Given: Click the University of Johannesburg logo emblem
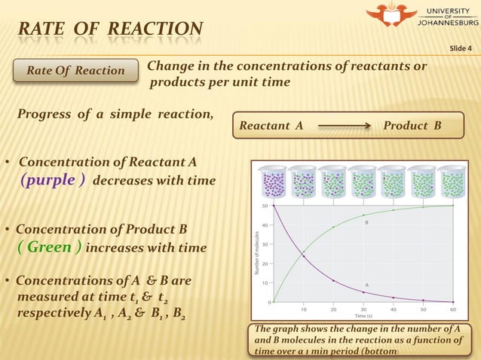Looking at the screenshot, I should (391, 16).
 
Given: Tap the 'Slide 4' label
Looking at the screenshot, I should (461, 49).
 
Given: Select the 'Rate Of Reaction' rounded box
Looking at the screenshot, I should (76, 71).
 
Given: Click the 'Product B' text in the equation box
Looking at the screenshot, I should (412, 126).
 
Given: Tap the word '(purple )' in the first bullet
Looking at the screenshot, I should (51, 181).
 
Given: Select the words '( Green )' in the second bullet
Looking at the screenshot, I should (50, 247).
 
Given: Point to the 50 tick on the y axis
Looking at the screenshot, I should (265, 205).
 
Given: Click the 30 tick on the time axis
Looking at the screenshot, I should (363, 309).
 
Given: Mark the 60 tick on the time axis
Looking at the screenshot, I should (452, 309).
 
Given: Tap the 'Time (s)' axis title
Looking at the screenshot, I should (363, 316).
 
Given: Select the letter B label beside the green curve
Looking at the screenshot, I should (366, 223).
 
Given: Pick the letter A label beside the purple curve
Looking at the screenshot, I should (367, 285).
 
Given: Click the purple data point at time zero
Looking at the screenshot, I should (274, 206).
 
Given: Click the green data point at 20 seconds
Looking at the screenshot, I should (333, 227).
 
